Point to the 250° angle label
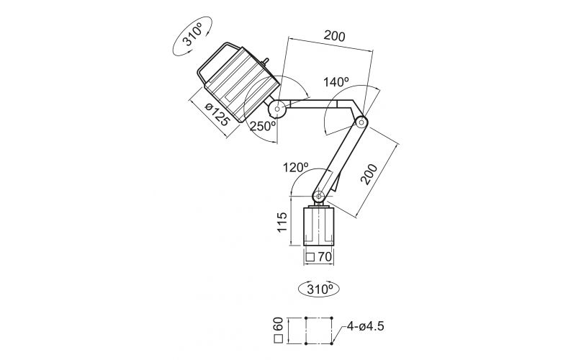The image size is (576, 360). [263, 126]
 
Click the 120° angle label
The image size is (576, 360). [295, 168]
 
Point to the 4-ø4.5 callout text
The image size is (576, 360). [365, 325]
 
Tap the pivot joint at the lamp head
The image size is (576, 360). [277, 109]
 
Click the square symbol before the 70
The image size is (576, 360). [310, 256]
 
